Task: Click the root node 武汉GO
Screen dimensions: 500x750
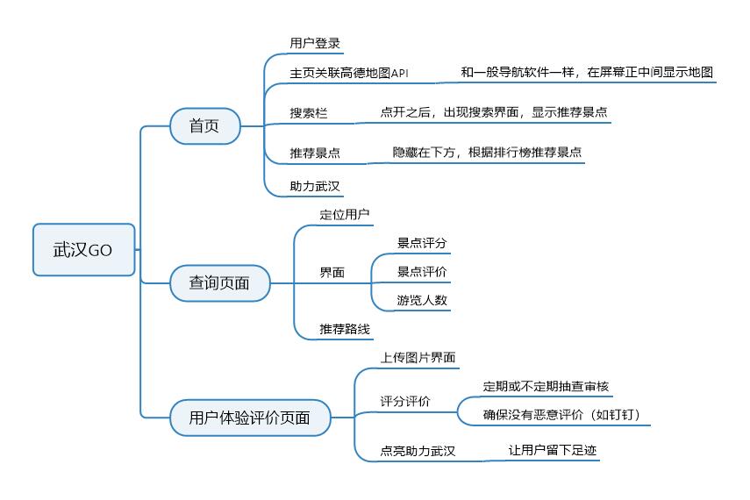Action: [83, 249]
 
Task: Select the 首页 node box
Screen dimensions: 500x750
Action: [204, 126]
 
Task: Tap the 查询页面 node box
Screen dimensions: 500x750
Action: [219, 282]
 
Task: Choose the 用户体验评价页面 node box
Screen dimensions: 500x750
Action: [249, 418]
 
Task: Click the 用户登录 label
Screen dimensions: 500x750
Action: [315, 43]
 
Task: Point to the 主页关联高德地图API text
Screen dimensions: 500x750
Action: [349, 73]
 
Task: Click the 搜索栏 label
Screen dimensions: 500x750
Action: [308, 113]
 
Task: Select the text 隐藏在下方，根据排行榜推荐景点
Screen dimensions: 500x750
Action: [487, 152]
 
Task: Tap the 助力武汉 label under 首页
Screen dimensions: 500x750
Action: [315, 186]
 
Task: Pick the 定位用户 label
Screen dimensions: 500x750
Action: [345, 213]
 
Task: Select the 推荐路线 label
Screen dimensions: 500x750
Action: [345, 329]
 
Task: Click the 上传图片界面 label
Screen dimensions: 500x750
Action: [418, 357]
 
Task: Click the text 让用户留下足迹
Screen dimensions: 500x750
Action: [554, 450]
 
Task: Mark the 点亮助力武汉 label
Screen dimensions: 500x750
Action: [418, 451]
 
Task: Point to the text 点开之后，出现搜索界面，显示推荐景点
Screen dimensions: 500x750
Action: [494, 112]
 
